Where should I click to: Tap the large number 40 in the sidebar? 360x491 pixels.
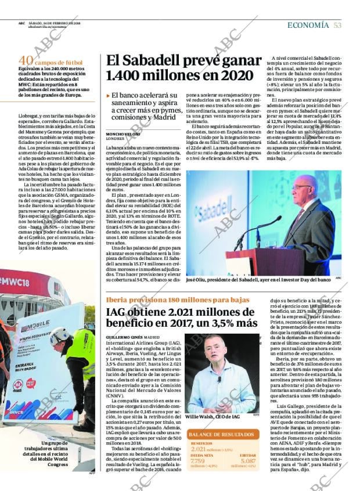pos(26,61)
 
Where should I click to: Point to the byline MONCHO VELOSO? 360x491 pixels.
pos(123,134)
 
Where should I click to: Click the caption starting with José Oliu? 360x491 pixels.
pos(258,279)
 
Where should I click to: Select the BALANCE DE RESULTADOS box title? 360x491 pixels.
pos(221,434)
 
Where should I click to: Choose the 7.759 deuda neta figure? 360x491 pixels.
pos(199,461)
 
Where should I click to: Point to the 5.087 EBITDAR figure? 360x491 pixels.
pos(242,461)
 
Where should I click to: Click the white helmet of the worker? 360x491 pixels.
pos(60,335)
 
